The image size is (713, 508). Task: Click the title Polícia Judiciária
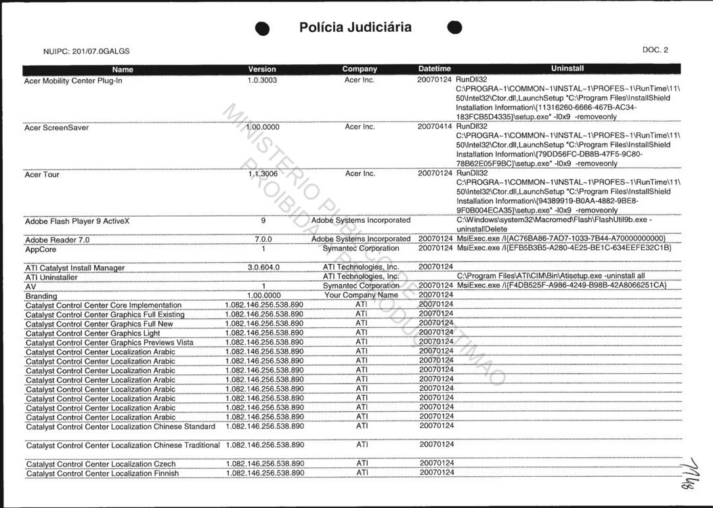pos(355,28)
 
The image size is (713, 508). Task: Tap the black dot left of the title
pos(263,28)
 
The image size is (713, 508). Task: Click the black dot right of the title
pos(455,27)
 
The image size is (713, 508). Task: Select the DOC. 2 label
pos(655,50)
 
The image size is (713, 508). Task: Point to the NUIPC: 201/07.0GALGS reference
pos(86,51)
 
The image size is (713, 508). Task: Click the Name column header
pos(123,69)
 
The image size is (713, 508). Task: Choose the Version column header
pos(262,69)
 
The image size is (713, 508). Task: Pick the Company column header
pos(360,69)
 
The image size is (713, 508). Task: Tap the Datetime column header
pos(434,69)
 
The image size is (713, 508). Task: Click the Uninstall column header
pos(567,68)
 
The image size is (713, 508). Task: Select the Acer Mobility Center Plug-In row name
pos(73,81)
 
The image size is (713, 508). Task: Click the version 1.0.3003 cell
pos(262,80)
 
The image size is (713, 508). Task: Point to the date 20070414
pos(435,127)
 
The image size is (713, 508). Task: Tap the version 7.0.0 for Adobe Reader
pos(263,240)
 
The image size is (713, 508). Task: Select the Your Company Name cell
pos(361,296)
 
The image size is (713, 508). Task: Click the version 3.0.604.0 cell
pos(263,268)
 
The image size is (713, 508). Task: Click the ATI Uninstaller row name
pos(53,277)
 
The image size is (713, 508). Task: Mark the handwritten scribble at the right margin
pos(693,467)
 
